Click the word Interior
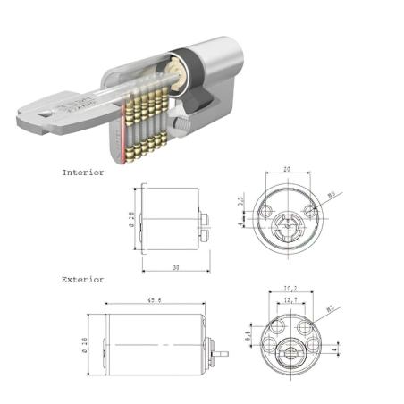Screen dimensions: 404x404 [x=83, y=171]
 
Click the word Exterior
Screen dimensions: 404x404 [x=83, y=280]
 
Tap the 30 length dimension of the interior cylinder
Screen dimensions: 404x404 [x=174, y=265]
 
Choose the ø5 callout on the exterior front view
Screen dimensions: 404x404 [x=329, y=309]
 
